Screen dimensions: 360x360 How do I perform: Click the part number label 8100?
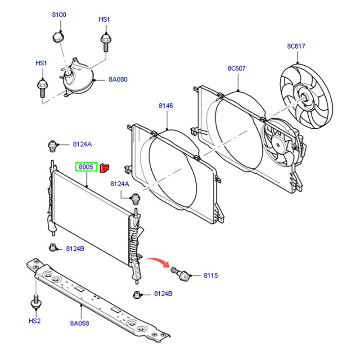(x=59, y=15)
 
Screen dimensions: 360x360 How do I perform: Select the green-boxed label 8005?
(x=86, y=167)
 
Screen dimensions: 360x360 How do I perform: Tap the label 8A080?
(x=118, y=80)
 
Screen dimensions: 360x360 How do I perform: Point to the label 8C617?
(x=296, y=46)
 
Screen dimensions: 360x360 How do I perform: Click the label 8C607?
(x=237, y=68)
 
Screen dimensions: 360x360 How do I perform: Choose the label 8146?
(x=166, y=106)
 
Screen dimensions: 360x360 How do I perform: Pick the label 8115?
(x=211, y=275)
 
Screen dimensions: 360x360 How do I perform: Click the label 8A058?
(x=80, y=323)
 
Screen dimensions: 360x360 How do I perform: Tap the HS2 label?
(x=35, y=321)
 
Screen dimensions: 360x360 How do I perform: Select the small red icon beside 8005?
(x=104, y=168)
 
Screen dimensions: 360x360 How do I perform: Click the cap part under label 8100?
(x=58, y=37)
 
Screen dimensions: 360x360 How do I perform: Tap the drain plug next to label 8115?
(x=181, y=274)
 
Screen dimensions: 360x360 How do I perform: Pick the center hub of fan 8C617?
(x=304, y=98)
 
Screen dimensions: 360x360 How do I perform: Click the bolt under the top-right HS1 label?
(x=106, y=43)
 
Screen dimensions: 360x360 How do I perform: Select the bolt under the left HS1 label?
(x=42, y=89)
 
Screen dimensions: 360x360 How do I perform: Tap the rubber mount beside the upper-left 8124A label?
(x=52, y=146)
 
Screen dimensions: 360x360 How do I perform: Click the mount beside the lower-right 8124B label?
(x=137, y=295)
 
